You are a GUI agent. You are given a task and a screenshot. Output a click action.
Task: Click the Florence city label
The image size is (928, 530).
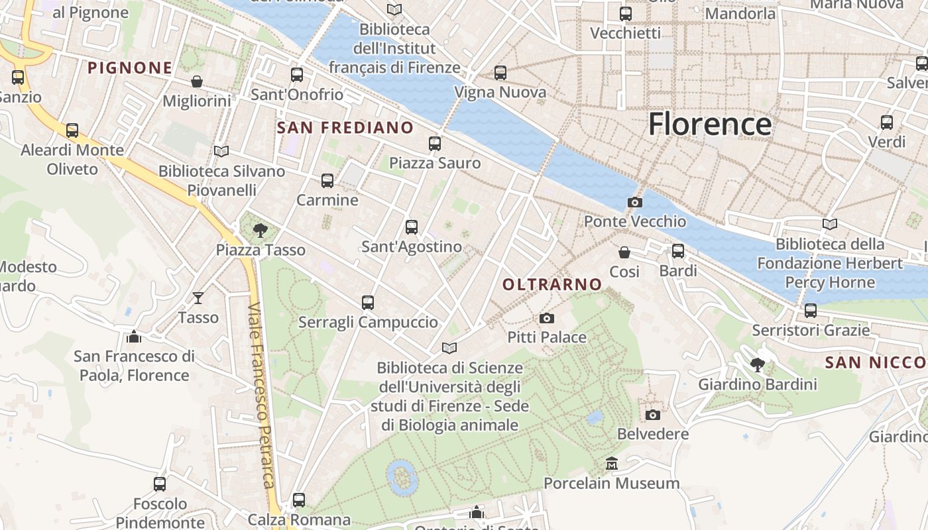[709, 124]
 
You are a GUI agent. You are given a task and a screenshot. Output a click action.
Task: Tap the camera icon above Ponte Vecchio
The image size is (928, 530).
[634, 202]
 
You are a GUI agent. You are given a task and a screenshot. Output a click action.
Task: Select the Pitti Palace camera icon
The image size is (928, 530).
[546, 319]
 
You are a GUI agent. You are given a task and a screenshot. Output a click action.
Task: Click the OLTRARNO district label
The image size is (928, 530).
[552, 285]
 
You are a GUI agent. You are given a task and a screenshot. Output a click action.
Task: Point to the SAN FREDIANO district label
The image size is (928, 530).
[345, 128]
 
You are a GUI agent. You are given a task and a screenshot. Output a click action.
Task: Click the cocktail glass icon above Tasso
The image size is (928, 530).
[198, 298]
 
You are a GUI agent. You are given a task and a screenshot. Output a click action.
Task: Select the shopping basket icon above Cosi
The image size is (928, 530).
[624, 252]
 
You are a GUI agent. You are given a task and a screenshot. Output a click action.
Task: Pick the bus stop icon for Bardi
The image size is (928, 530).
[677, 251]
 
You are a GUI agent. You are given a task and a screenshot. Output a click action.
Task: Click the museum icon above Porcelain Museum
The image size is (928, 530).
[611, 464]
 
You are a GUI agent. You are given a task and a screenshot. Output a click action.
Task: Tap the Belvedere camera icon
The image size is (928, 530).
[652, 415]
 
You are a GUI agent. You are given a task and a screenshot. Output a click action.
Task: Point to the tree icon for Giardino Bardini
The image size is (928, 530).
[757, 364]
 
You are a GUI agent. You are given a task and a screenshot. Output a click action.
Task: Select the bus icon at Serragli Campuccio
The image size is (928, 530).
[368, 303]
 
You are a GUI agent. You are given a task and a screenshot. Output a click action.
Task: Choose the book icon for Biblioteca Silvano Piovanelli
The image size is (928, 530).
[221, 152]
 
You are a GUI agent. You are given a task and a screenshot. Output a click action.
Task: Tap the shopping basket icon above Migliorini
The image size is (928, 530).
[197, 81]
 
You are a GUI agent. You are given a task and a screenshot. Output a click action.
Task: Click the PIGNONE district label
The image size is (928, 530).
[130, 68]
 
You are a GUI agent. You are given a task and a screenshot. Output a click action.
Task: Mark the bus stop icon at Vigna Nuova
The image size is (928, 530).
[500, 73]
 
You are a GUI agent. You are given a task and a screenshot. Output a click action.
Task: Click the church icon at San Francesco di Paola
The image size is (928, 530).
[134, 337]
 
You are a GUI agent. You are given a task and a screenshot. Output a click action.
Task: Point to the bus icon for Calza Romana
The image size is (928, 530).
[299, 500]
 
